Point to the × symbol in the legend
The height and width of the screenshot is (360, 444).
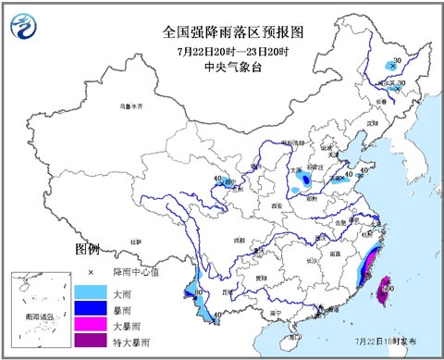point(91,273)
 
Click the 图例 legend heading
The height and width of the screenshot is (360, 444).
point(87,250)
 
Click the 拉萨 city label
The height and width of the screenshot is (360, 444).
point(137,241)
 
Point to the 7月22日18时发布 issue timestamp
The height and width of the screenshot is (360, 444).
point(401,341)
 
